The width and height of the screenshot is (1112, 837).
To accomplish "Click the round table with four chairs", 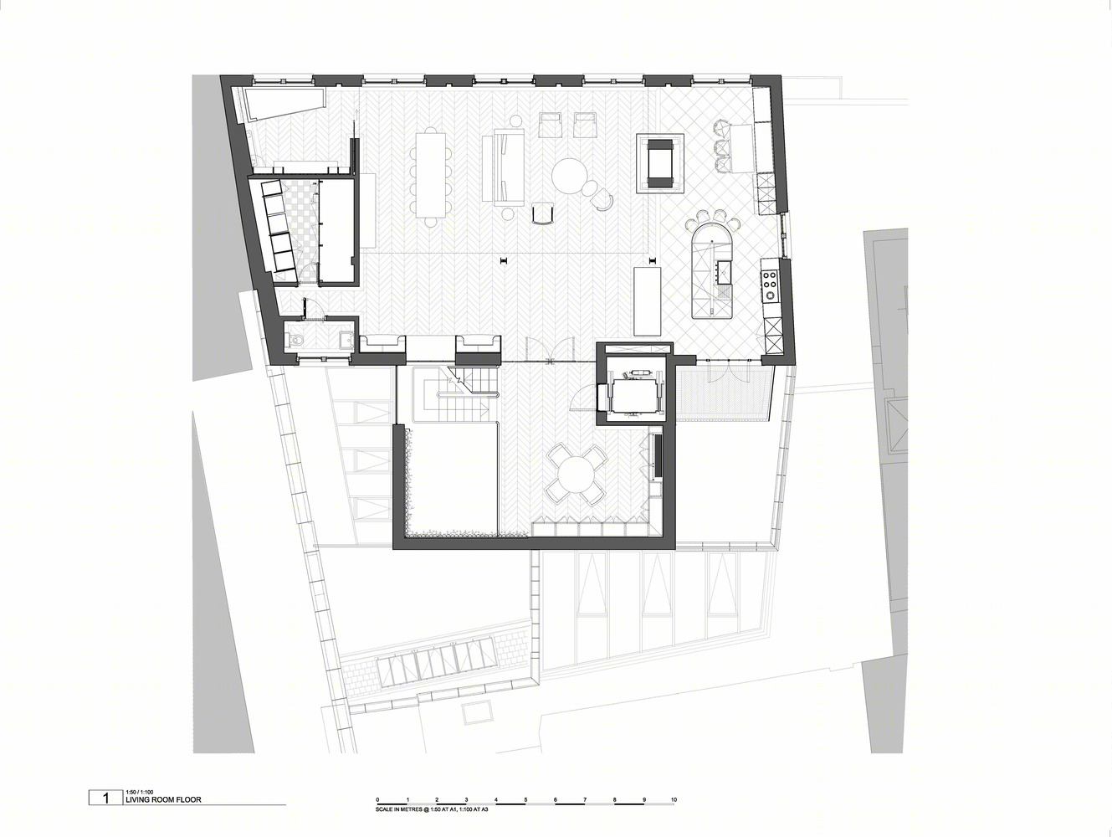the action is point(576,475).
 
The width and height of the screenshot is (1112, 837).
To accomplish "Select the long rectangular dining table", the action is point(431,175).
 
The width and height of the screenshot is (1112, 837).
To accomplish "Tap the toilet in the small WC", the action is point(295,340).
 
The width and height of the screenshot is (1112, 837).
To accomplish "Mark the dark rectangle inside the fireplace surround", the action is point(660,163).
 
